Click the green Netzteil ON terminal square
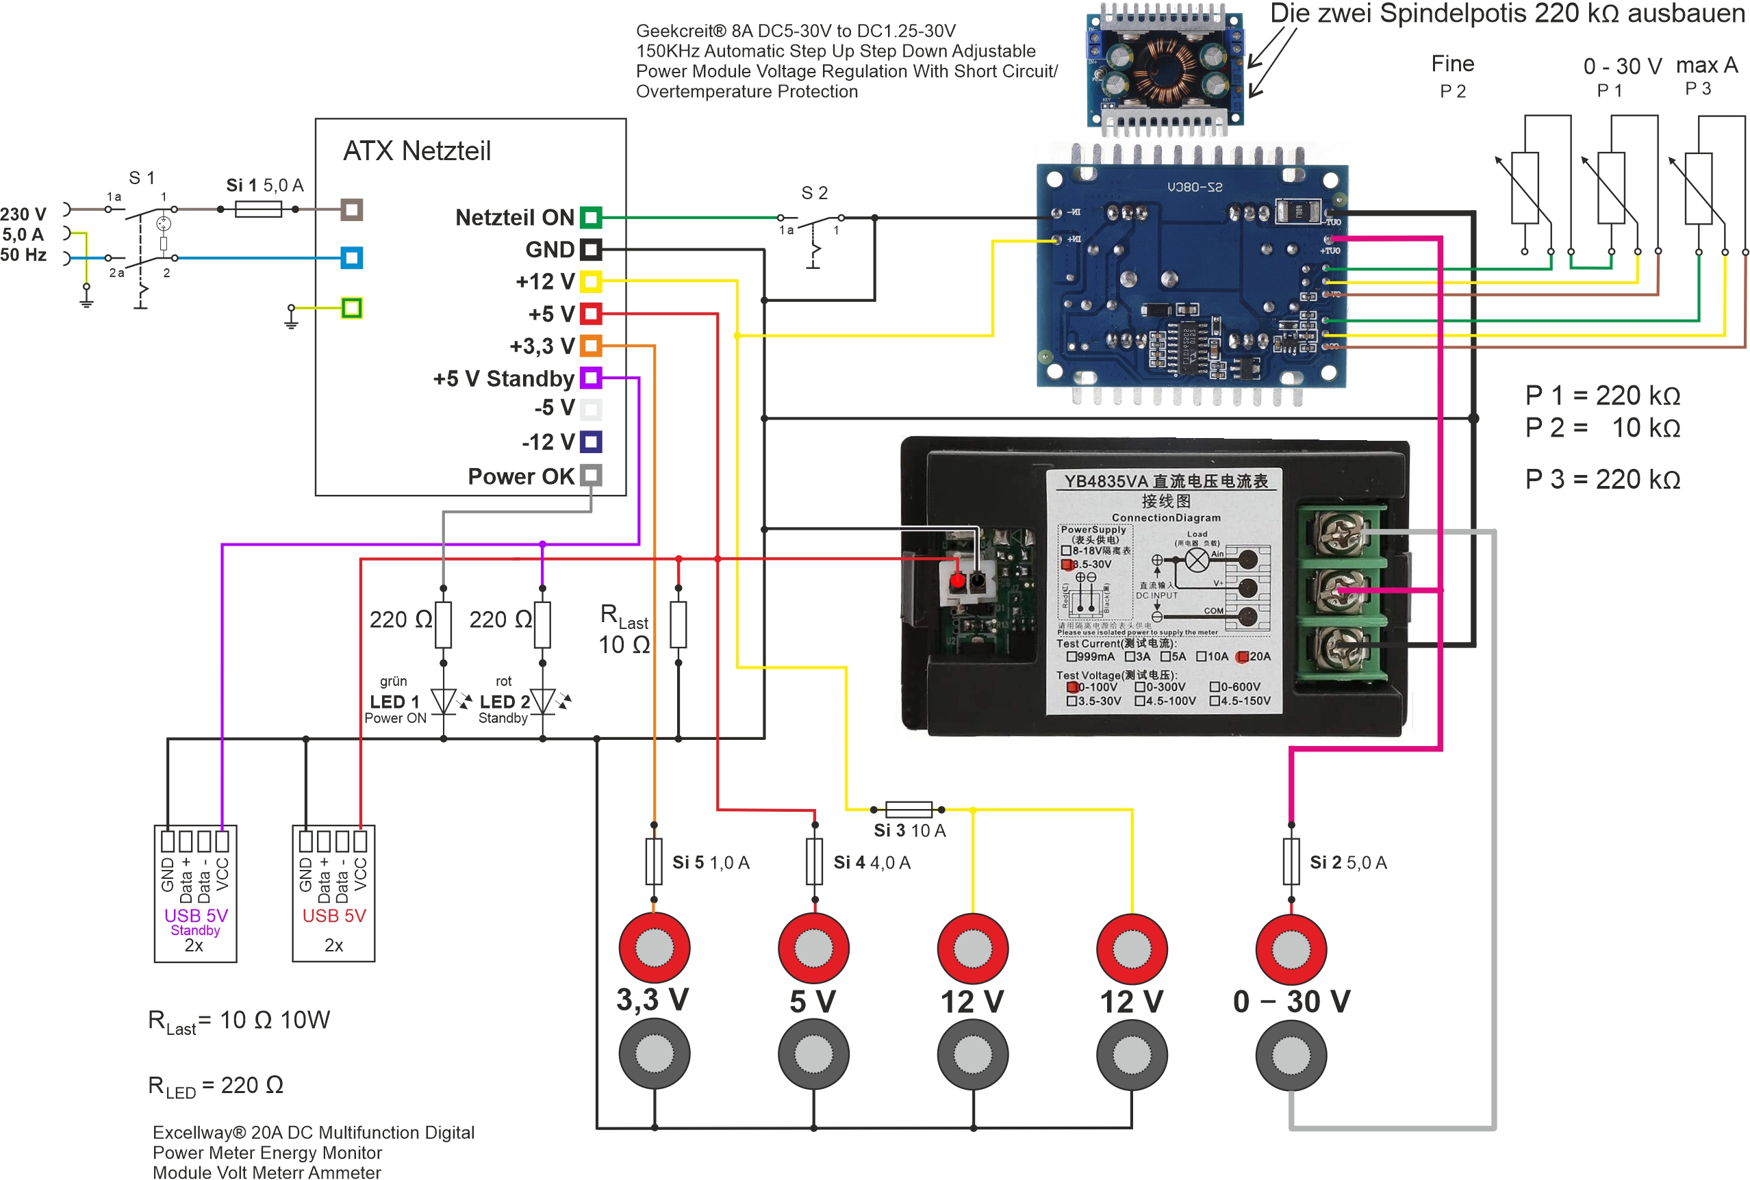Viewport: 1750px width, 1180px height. [591, 218]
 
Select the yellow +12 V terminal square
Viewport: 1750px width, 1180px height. [591, 281]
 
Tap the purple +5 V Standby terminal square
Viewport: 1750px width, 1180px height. [591, 378]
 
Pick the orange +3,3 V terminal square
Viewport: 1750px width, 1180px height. [591, 346]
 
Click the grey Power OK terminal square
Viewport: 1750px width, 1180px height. [591, 476]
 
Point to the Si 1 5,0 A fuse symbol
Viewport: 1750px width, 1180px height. [258, 209]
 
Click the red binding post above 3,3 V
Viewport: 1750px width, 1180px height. [654, 948]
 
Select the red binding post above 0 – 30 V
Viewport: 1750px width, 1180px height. [1291, 949]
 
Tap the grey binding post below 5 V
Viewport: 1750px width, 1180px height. [813, 1054]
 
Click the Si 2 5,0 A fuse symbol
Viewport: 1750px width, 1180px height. [1291, 862]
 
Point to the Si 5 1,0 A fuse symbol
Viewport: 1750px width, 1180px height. [654, 862]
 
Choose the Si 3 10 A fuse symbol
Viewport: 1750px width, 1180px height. [909, 810]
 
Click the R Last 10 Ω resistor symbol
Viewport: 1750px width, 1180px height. [679, 625]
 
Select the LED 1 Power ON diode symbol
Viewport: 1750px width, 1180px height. [444, 702]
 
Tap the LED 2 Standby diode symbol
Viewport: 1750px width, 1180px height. [543, 702]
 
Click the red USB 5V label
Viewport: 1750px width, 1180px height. [333, 916]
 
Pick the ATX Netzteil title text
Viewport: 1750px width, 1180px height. [417, 151]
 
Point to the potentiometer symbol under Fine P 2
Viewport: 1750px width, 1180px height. [1525, 188]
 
